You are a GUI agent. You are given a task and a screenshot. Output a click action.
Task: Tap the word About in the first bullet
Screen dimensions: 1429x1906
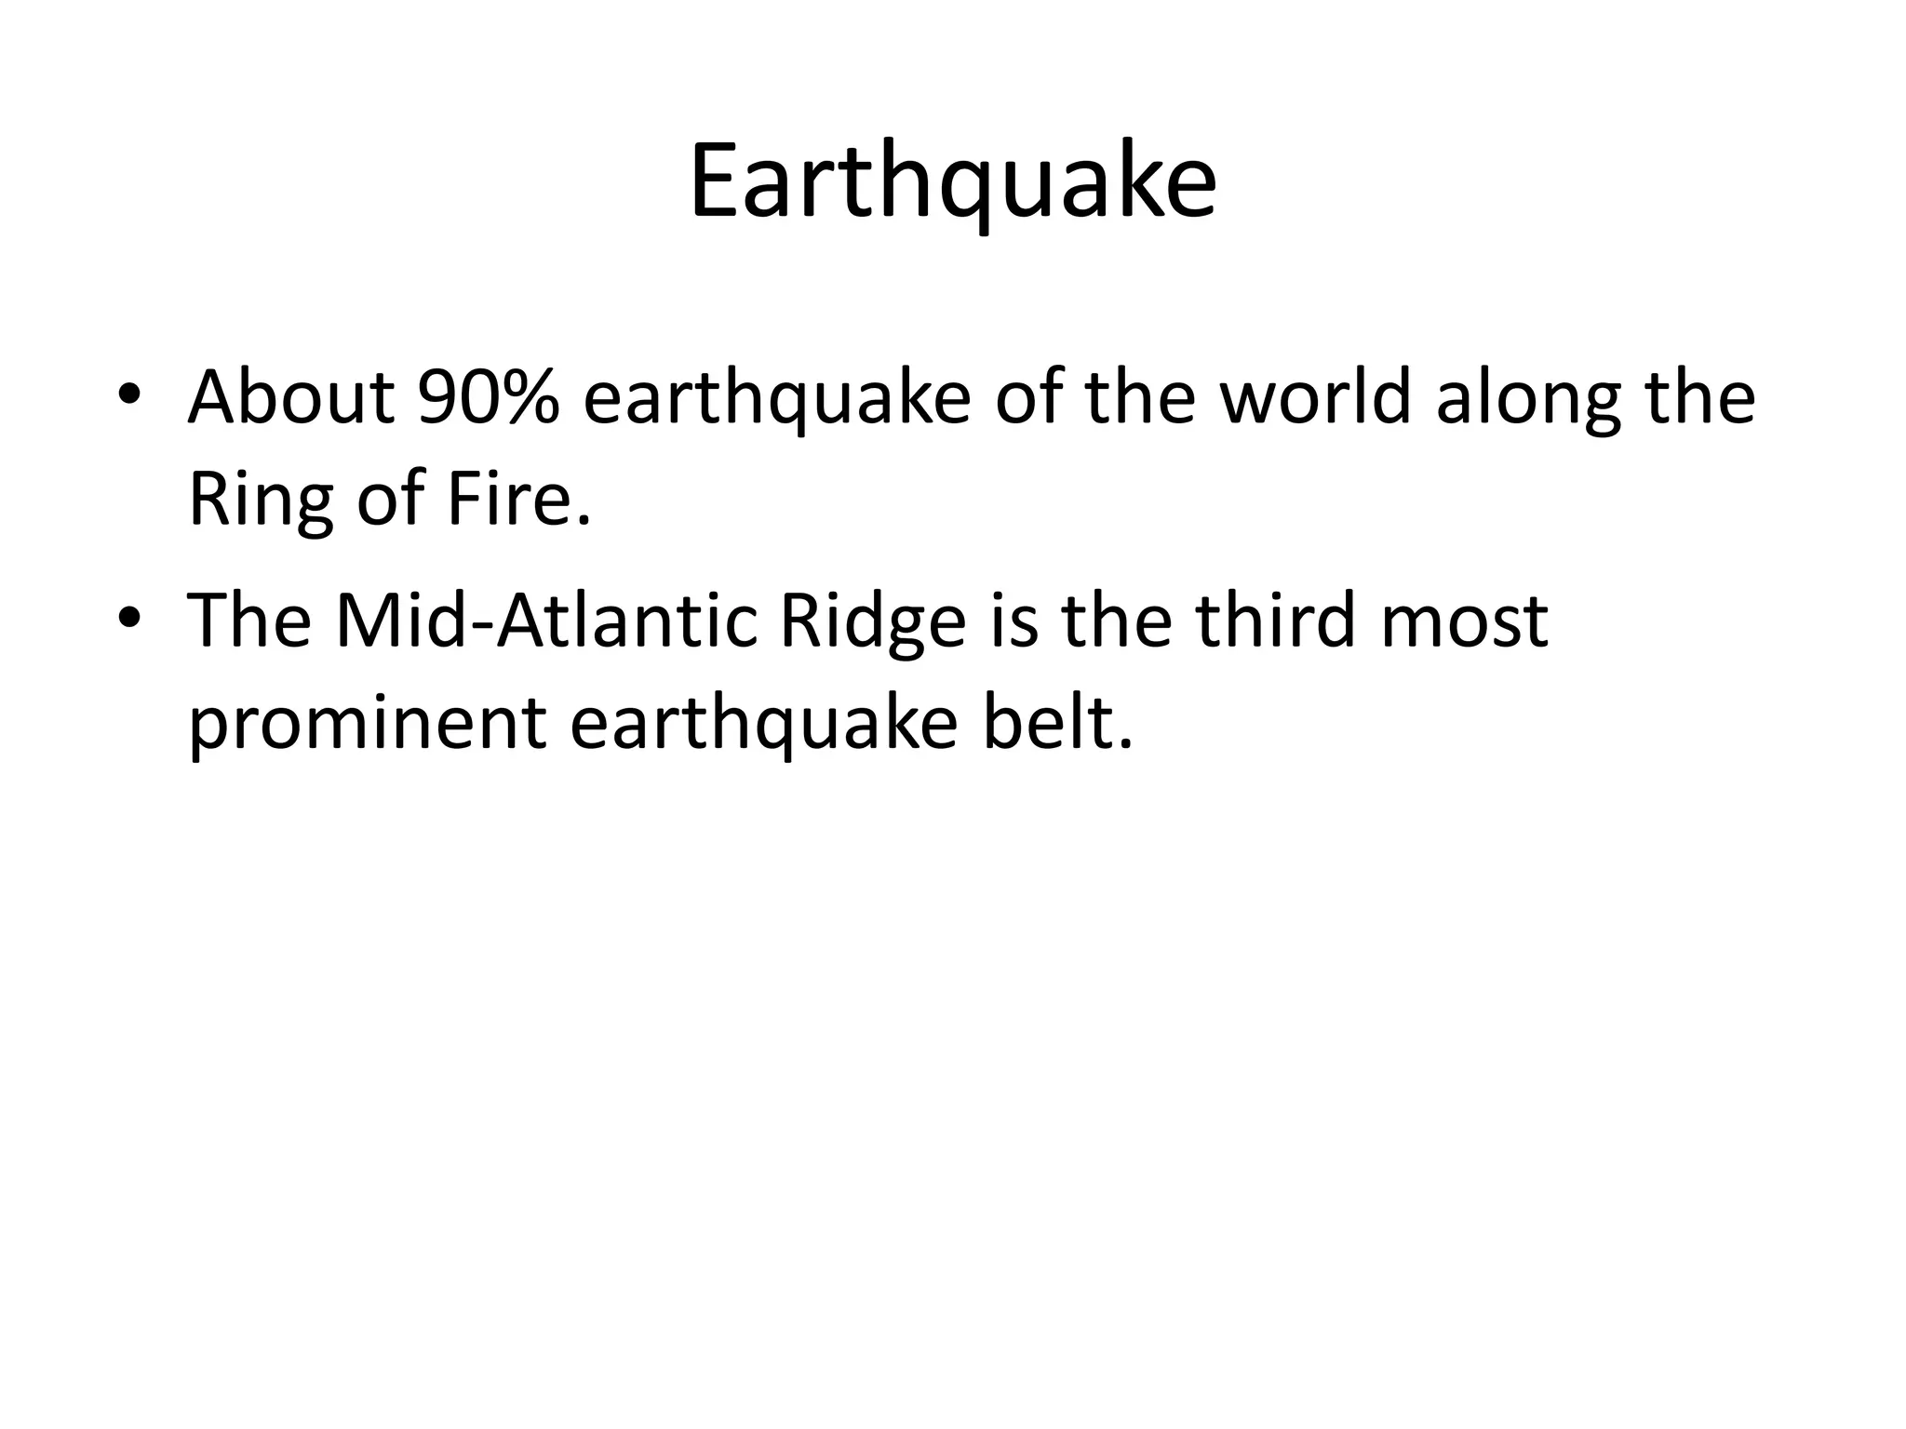tap(290, 397)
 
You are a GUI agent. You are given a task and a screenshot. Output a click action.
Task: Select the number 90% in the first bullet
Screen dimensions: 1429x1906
tap(489, 397)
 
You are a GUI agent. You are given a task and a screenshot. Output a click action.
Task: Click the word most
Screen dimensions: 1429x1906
tap(1464, 622)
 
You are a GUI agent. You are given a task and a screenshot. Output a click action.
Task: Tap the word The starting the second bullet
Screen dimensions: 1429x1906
tap(249, 621)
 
